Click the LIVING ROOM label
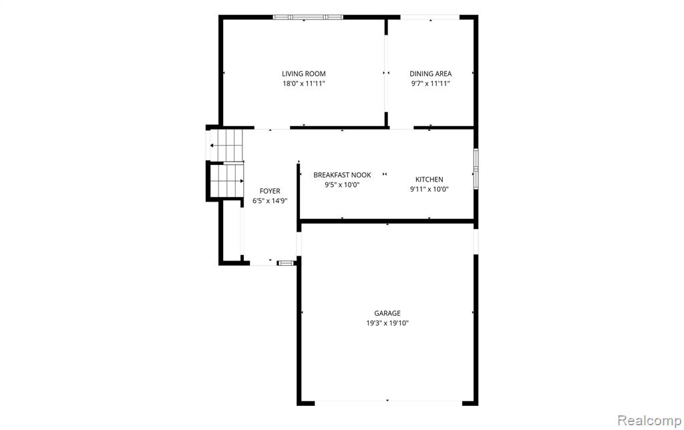click(x=304, y=73)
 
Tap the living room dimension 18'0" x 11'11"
click(x=304, y=83)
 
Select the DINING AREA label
click(x=431, y=73)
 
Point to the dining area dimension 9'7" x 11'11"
click(x=431, y=83)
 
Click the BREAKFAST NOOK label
click(x=343, y=175)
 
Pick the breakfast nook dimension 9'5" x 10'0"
click(x=342, y=185)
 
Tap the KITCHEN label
click(x=430, y=179)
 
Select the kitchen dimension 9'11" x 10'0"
click(x=430, y=189)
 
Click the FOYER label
click(x=270, y=191)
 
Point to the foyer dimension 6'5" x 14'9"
click(x=270, y=201)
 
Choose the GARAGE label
click(x=387, y=313)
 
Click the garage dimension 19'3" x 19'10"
click(x=387, y=323)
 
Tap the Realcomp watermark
click(x=649, y=421)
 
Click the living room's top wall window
click(x=308, y=17)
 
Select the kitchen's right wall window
click(x=476, y=169)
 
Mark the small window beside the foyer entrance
click(x=286, y=263)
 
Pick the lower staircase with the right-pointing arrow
click(x=226, y=180)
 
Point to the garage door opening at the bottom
click(x=388, y=403)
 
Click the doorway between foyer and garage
click(x=299, y=244)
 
